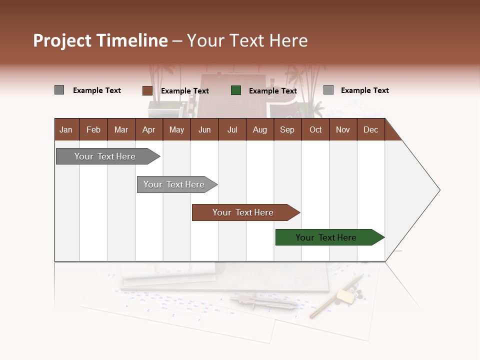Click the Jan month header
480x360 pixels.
66,129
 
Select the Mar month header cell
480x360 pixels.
121,129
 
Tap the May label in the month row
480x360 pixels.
176,129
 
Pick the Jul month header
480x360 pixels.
232,129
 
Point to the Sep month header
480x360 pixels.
287,129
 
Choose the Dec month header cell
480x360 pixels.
370,129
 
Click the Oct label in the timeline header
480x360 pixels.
315,129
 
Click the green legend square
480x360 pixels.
236,90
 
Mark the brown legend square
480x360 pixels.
147,90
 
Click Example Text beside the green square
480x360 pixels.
273,91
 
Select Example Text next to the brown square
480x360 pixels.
185,91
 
